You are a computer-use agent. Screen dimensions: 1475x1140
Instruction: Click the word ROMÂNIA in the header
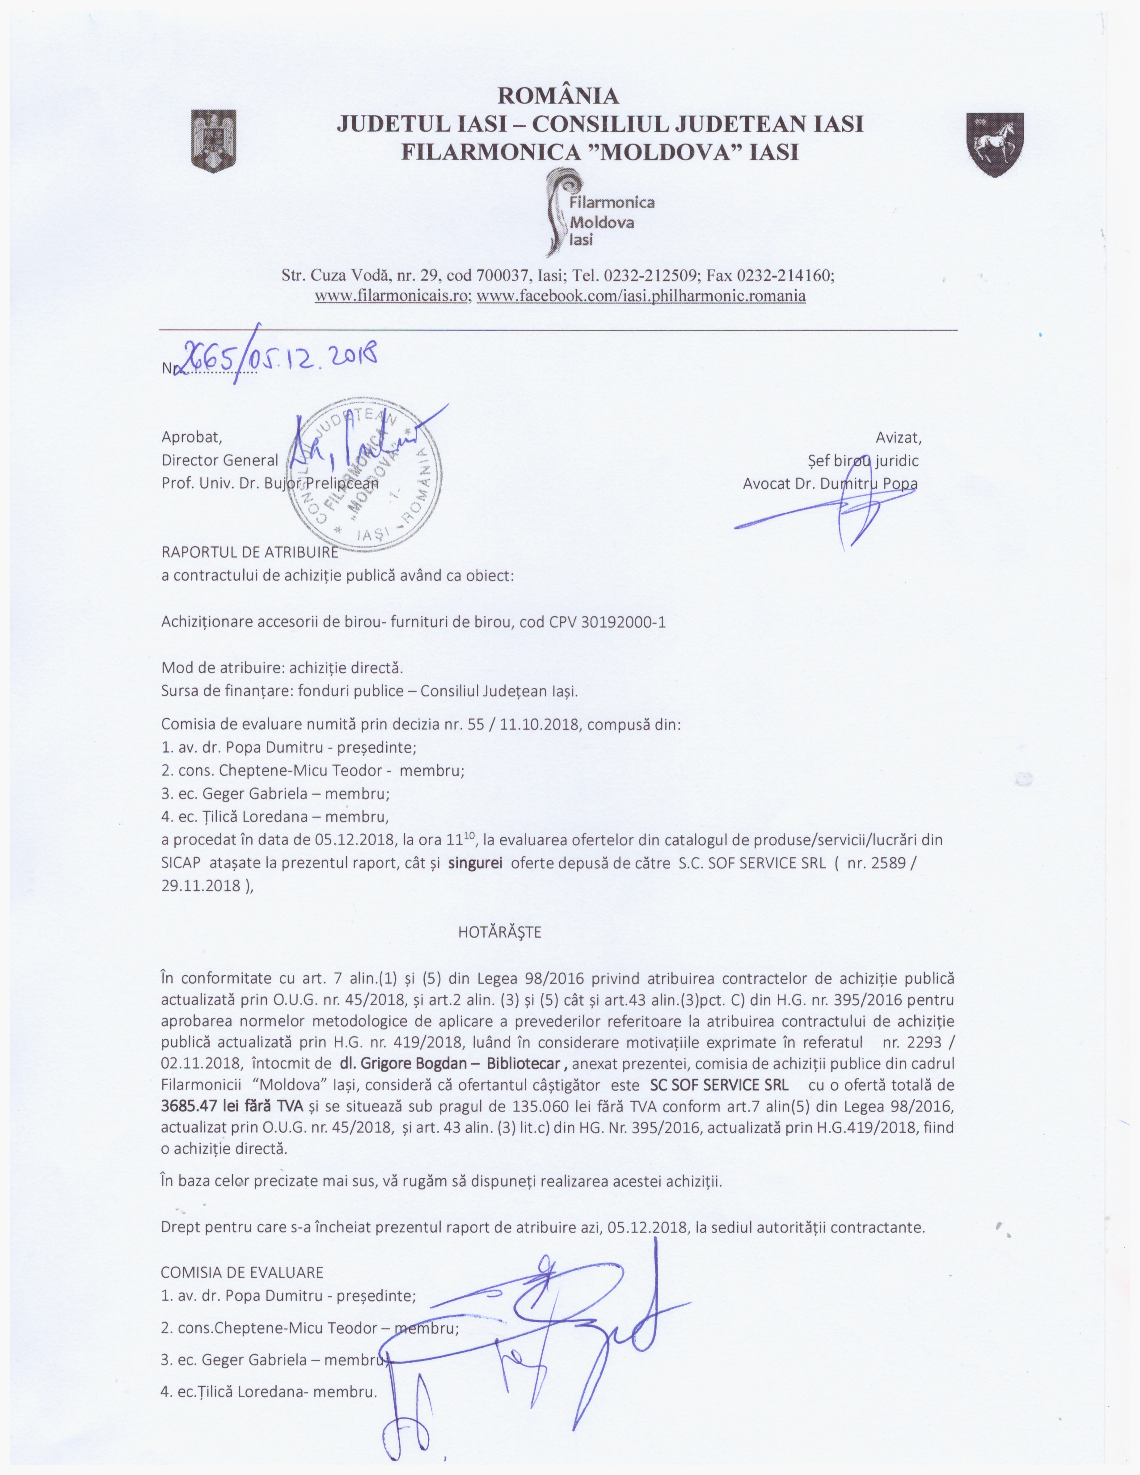click(558, 96)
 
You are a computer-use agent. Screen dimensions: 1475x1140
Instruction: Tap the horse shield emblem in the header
click(996, 144)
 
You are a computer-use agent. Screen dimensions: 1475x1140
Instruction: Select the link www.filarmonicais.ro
click(393, 296)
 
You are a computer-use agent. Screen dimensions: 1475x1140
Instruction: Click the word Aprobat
click(191, 437)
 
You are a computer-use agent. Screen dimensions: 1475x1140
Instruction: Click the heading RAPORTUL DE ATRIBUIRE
click(249, 552)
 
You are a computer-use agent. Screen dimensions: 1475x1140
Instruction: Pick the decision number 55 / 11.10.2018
click(523, 725)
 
